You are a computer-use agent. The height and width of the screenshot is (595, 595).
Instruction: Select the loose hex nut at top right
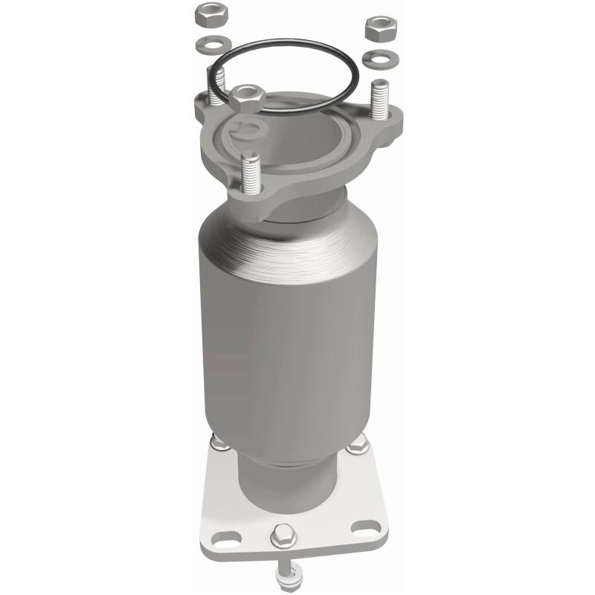click(379, 28)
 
